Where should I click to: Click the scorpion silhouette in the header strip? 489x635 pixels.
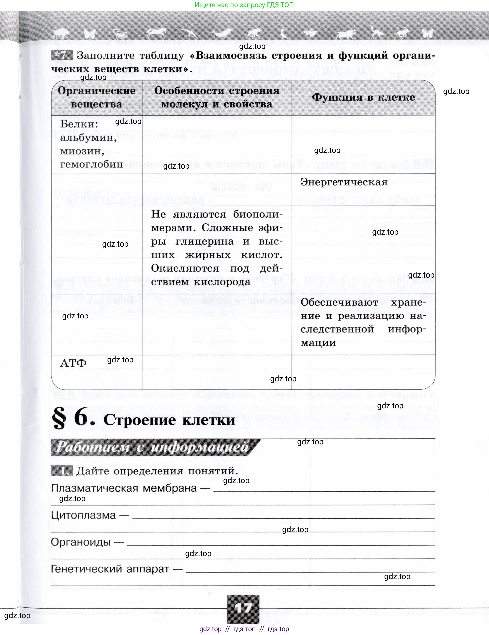pos(120,34)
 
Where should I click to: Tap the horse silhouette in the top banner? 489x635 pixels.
pos(156,33)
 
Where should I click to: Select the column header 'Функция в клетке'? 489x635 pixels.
pos(363,97)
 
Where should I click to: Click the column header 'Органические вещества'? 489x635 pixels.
pos(97,97)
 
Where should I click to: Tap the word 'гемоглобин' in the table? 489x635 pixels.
pos(91,164)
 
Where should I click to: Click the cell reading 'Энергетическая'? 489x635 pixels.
pos(344,182)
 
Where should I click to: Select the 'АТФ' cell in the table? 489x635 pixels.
pos(73,363)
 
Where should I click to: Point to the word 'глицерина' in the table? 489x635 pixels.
pos(204,242)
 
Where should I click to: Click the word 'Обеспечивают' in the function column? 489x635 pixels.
pos(339,302)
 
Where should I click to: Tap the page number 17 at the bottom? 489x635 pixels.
pos(243,608)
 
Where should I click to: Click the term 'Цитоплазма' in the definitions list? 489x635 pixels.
pos(83,515)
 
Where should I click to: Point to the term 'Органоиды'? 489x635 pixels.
pos(81,542)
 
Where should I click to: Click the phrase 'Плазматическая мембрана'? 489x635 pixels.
pos(124,488)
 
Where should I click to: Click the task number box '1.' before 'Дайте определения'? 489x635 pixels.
pos(62,471)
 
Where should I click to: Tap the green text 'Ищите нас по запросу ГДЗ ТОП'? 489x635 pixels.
pos(244,5)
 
